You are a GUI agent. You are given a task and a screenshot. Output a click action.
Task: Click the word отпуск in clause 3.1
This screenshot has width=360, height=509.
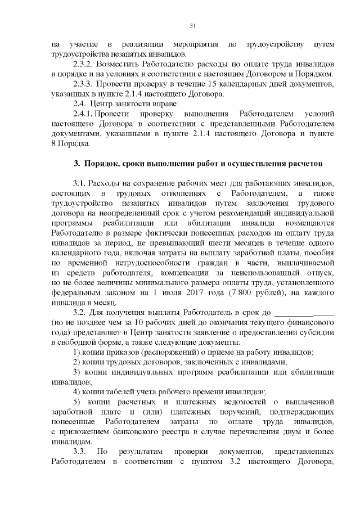point(304,274)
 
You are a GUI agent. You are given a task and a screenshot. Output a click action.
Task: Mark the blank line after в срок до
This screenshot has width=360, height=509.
point(304,314)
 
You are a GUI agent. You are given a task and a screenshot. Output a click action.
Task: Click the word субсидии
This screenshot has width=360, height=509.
point(318,334)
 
